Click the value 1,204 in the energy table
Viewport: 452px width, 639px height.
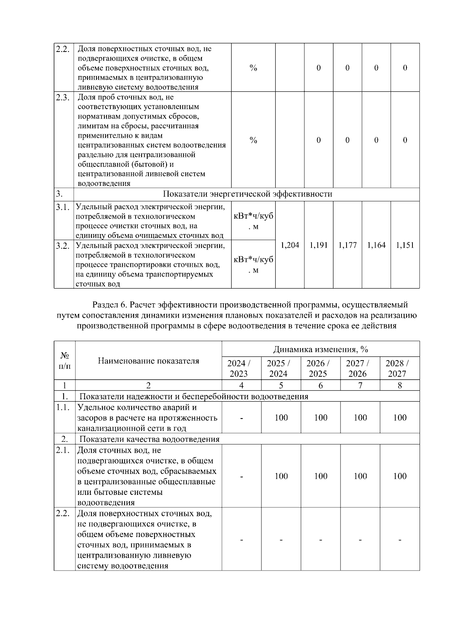[x=290, y=245]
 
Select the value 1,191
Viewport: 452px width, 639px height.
[x=319, y=245]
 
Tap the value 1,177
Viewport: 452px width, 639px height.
[x=347, y=245]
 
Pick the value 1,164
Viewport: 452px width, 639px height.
[x=376, y=245]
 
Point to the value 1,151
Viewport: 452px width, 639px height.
[x=405, y=245]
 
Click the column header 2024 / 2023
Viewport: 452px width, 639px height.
[x=241, y=368]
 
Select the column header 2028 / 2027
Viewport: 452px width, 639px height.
[x=399, y=368]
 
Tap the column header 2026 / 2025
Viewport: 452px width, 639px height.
[x=320, y=368]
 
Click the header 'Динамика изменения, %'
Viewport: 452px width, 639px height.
[x=321, y=349]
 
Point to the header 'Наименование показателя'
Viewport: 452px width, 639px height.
[x=148, y=361]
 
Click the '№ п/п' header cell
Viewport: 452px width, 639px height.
[x=64, y=361]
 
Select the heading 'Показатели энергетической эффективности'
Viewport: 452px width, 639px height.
[x=247, y=194]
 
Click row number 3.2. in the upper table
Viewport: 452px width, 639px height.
[x=63, y=246]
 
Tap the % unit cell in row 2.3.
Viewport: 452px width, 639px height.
[x=253, y=140]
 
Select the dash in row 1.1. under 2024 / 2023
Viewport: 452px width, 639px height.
[x=241, y=418]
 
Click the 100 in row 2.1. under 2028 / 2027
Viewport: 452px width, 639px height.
[x=399, y=476]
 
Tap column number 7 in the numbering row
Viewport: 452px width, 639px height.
[x=360, y=385]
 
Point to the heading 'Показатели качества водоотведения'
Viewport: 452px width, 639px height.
[x=149, y=439]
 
